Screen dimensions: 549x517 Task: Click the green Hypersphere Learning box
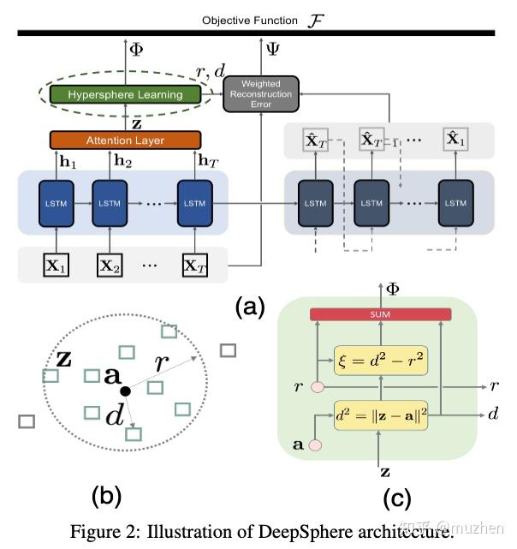coord(125,94)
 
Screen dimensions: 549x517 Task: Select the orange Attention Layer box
coord(124,140)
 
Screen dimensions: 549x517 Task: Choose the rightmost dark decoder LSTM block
coord(455,202)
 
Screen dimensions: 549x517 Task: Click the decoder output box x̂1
coord(455,140)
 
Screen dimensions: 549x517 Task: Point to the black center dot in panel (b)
coord(126,391)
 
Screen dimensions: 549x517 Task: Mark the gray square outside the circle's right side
coord(228,349)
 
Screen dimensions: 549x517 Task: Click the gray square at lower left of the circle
coord(26,421)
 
